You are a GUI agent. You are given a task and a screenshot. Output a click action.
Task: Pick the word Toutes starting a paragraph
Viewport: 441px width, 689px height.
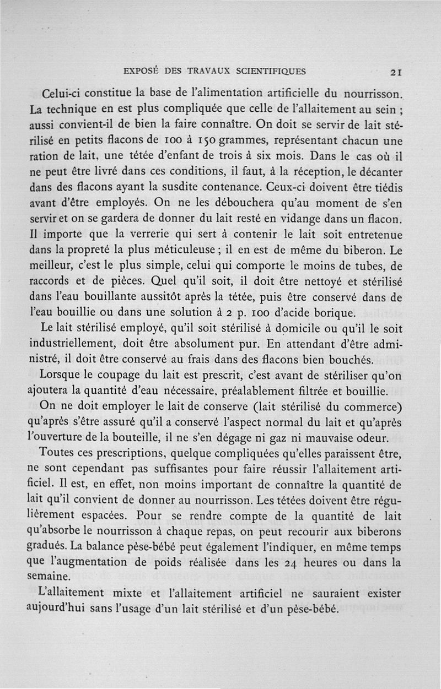[60, 455]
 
